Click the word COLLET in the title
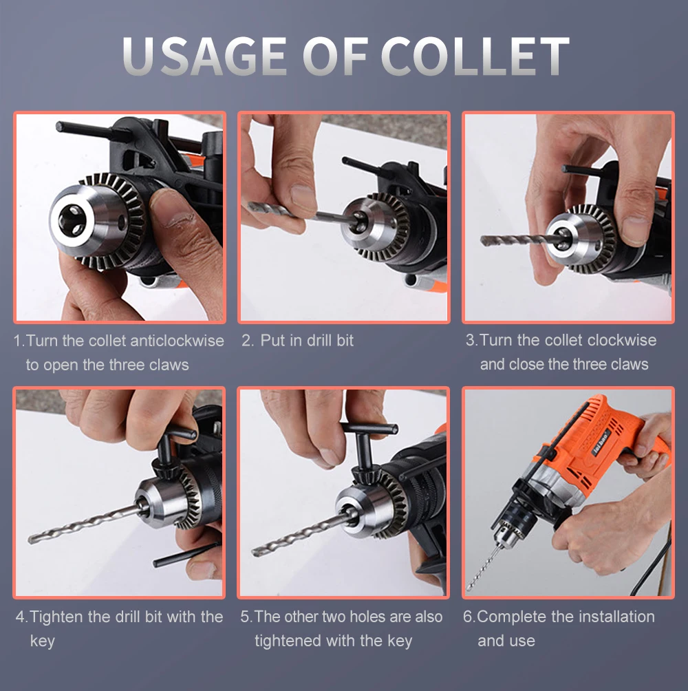pyautogui.click(x=475, y=56)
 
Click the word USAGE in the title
pyautogui.click(x=205, y=56)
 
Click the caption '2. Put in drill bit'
pyautogui.click(x=297, y=341)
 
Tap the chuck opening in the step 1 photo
pyautogui.click(x=73, y=221)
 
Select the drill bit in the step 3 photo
pyautogui.click(x=519, y=240)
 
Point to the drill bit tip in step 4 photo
pyautogui.click(x=30, y=540)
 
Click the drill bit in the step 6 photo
pyautogui.click(x=484, y=568)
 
